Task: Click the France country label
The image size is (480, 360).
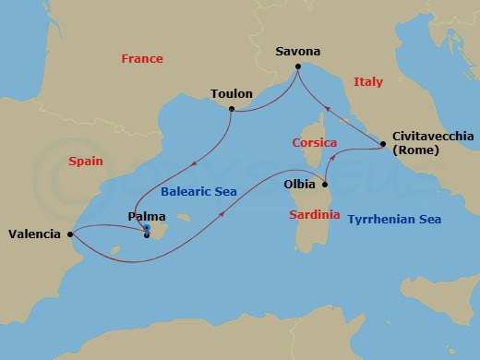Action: pyautogui.click(x=141, y=59)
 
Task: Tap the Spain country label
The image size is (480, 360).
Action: pyautogui.click(x=85, y=161)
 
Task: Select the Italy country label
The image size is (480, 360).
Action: pyautogui.click(x=367, y=82)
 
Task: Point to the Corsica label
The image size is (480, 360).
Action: pyautogui.click(x=314, y=143)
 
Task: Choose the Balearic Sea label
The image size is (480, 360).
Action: pyautogui.click(x=198, y=192)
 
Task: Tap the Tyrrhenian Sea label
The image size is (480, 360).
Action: pyautogui.click(x=394, y=220)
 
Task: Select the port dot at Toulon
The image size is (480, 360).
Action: pyautogui.click(x=231, y=110)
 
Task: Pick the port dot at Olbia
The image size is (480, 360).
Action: pyautogui.click(x=323, y=184)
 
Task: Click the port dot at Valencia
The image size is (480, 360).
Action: pyautogui.click(x=70, y=234)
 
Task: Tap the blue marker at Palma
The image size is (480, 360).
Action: pyautogui.click(x=147, y=229)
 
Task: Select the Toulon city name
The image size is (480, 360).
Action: pyautogui.click(x=231, y=94)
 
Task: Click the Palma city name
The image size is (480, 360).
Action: pyautogui.click(x=145, y=217)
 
